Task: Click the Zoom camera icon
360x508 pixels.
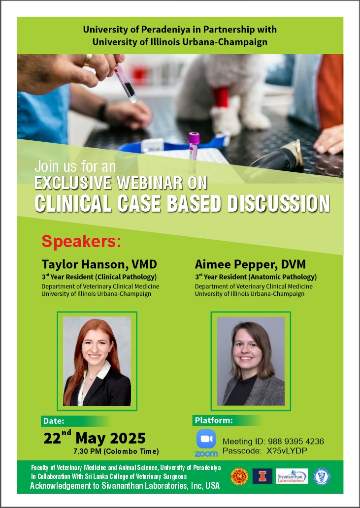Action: (206, 439)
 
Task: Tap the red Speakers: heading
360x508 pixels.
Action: (81, 242)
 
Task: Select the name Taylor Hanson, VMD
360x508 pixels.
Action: (99, 264)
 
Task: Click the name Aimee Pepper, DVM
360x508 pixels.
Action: (250, 264)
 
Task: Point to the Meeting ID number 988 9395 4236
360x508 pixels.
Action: (295, 441)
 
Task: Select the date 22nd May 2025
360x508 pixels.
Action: (95, 438)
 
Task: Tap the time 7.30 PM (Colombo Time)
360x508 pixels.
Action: (116, 451)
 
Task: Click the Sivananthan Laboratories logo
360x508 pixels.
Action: (292, 476)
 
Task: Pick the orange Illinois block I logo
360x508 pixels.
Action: (262, 476)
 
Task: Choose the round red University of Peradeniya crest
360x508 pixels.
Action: (239, 476)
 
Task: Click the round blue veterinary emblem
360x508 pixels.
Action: (322, 476)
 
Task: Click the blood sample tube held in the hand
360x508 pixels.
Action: (126, 83)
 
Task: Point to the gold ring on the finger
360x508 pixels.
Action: (87, 60)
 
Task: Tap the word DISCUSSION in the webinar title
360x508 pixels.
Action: (278, 204)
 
